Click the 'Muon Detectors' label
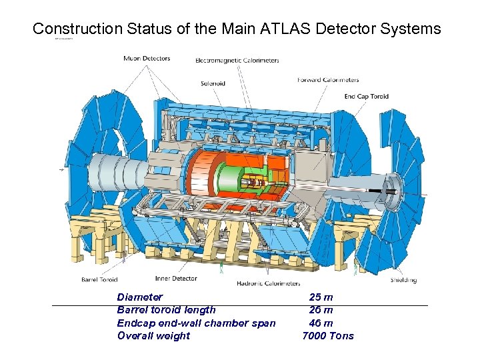click(x=147, y=59)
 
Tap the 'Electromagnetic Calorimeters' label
click(x=237, y=61)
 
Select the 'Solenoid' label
click(x=213, y=83)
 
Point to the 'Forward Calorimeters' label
click(x=328, y=80)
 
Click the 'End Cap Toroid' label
click(x=366, y=96)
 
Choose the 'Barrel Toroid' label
click(x=99, y=279)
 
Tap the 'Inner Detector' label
click(x=176, y=279)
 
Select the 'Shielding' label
click(x=403, y=280)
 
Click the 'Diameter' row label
click(x=139, y=297)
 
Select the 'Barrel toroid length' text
click(x=166, y=309)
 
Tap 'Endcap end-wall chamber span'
click(x=196, y=323)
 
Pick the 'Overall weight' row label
click(x=153, y=335)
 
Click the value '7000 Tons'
click(x=328, y=335)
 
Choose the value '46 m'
click(x=321, y=323)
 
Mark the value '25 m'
click(x=321, y=297)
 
